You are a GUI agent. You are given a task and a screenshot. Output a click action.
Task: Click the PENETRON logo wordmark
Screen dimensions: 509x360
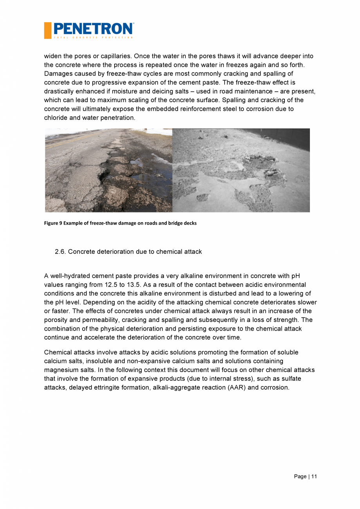pos(93,29)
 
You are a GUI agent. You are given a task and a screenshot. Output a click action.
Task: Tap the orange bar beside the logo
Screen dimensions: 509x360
pos(47,31)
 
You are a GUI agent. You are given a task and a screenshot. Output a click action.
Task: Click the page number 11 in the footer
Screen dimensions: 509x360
pos(314,476)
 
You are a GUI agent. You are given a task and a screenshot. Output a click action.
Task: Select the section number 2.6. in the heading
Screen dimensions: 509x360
pos(61,252)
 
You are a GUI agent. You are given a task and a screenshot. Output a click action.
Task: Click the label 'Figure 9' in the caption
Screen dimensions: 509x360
pos(54,223)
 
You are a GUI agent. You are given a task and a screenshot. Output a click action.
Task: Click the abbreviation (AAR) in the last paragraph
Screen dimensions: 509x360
pos(237,388)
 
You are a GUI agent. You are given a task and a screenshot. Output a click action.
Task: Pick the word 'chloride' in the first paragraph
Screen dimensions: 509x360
pos(55,117)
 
